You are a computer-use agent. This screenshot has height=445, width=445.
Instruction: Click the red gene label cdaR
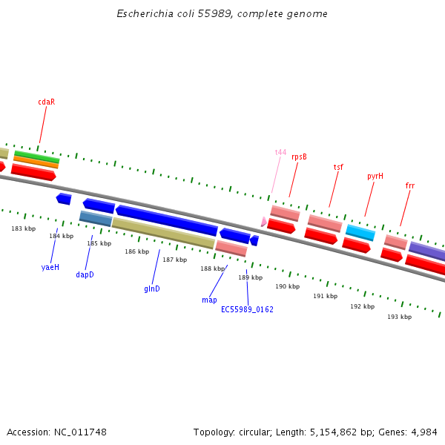(47, 102)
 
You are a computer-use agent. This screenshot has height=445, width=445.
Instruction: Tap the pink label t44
(280, 152)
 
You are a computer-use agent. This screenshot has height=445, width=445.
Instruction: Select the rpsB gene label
(299, 156)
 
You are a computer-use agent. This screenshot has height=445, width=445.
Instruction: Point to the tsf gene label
(338, 167)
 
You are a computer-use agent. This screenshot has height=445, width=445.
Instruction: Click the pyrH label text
(375, 176)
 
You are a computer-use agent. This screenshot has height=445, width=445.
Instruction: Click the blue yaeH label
(50, 266)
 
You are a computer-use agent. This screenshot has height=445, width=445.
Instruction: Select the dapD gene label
(85, 274)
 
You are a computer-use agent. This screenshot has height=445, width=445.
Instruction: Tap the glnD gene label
(152, 288)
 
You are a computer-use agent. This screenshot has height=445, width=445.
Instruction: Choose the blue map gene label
(209, 300)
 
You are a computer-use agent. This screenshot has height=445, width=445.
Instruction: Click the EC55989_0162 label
(247, 309)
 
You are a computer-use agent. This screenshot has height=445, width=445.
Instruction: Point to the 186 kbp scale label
(136, 251)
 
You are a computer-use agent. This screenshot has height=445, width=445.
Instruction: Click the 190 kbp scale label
(287, 286)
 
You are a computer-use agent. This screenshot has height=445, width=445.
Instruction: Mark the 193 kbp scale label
(399, 317)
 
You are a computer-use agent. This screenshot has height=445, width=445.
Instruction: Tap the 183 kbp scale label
(24, 228)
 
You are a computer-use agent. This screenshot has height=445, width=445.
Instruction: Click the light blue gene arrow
(360, 232)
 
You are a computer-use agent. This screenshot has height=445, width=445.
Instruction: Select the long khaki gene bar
(163, 233)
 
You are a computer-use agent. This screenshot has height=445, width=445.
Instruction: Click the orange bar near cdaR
(36, 162)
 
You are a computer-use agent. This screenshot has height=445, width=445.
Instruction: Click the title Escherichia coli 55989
(222, 14)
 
